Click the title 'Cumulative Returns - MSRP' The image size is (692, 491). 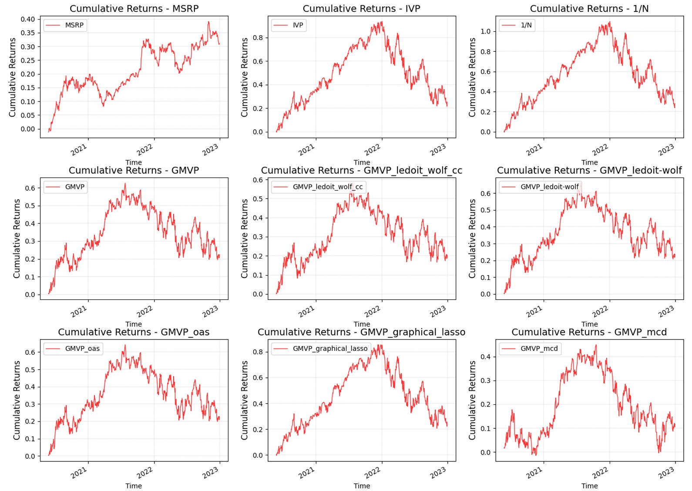click(x=134, y=9)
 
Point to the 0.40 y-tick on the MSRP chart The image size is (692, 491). click(x=27, y=19)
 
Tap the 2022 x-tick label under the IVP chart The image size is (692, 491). click(x=373, y=150)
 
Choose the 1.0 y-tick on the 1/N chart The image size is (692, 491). click(x=485, y=31)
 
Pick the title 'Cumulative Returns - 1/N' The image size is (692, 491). click(x=589, y=9)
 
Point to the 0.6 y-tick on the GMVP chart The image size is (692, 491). click(x=30, y=188)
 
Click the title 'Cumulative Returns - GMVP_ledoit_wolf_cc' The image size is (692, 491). click(x=361, y=170)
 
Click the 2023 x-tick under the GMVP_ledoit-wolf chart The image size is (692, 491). click(x=666, y=311)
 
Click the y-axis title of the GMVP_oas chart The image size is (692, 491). click(x=17, y=400)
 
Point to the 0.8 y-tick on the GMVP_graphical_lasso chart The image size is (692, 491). click(x=258, y=352)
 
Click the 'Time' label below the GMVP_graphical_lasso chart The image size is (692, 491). click(x=362, y=486)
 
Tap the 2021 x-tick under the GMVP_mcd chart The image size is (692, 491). click(x=534, y=473)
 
